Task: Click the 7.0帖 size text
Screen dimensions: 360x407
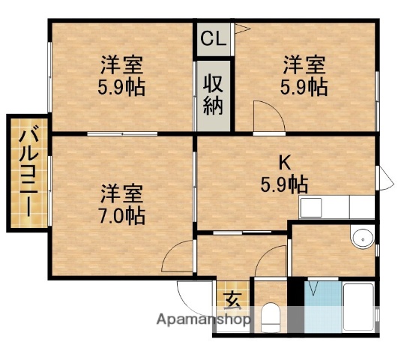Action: tap(121, 216)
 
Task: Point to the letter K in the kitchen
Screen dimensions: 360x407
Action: tap(284, 160)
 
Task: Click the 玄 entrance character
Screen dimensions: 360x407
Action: tap(233, 301)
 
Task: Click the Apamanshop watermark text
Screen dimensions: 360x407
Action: tap(202, 320)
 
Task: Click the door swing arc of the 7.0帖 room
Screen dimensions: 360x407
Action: tap(176, 255)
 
